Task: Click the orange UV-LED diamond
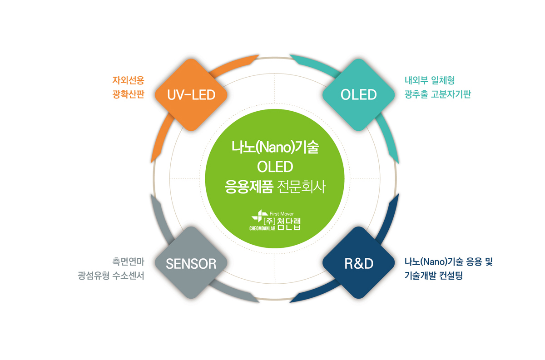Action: pos(191,95)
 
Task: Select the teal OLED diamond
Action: pos(359,95)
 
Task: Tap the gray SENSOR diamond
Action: pos(191,263)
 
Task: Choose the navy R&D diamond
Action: pos(359,263)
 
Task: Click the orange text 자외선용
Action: pos(128,80)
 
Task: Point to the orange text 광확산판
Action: pos(128,94)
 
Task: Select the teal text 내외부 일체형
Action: pos(430,80)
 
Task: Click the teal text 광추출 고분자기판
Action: pos(438,94)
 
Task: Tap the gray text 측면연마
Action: pos(128,262)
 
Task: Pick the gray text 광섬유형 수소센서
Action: pos(111,276)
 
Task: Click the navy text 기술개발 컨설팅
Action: pos(434,276)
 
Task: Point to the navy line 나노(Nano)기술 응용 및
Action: pos(449,262)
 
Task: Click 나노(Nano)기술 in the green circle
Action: pos(275,147)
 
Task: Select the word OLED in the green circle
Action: pos(275,167)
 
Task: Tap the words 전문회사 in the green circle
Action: pos(301,187)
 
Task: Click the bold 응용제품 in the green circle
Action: pos(249,187)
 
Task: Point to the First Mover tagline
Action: pos(282,214)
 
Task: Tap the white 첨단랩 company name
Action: pos(289,224)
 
